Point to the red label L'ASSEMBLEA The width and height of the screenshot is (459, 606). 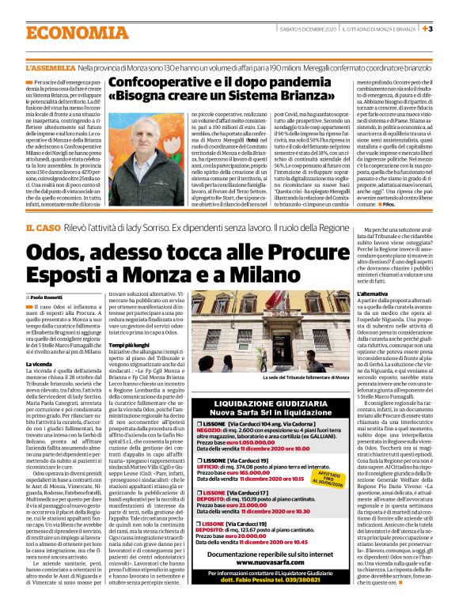click(x=50, y=70)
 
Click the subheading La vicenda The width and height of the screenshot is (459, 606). click(x=40, y=364)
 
